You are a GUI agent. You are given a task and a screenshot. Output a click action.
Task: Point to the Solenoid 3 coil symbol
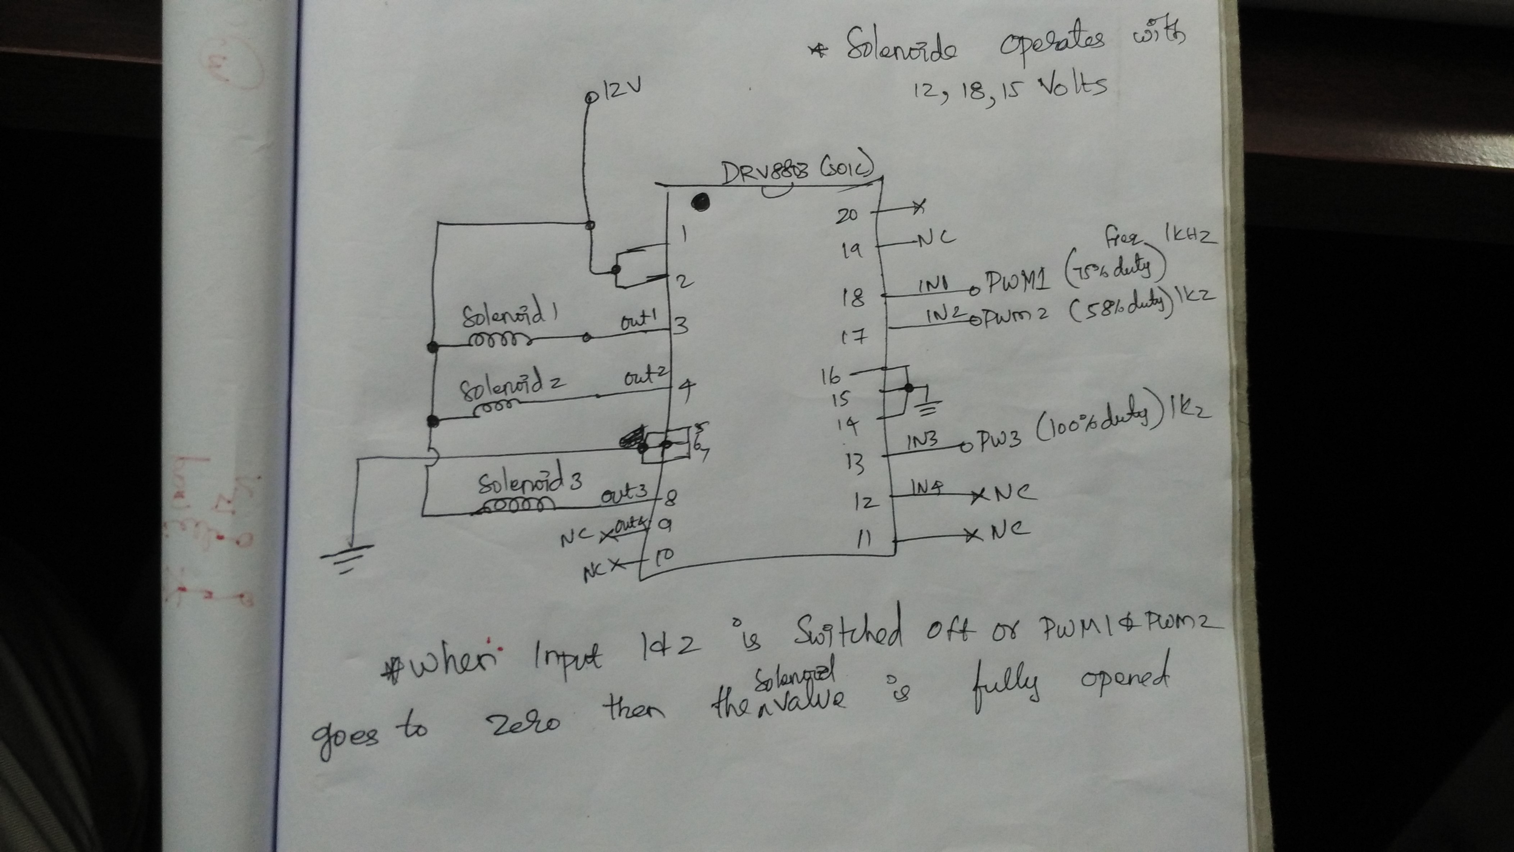[x=516, y=506]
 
